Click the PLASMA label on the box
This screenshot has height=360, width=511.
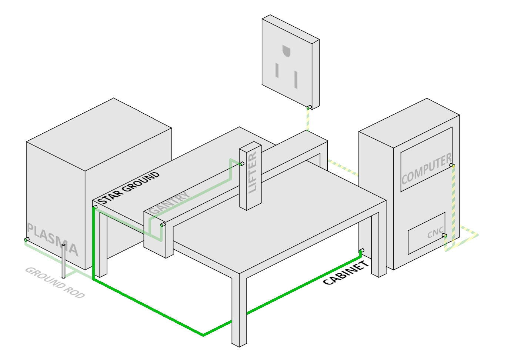coord(53,240)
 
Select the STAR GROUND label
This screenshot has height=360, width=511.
coord(128,188)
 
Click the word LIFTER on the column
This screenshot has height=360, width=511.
coord(253,172)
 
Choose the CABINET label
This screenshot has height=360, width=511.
coord(346,273)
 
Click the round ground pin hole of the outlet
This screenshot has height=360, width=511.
coord(286,51)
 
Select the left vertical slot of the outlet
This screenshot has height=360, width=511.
coord(277,70)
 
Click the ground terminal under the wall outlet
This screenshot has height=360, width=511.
coord(308,107)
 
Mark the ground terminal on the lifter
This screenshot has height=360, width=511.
coord(242,164)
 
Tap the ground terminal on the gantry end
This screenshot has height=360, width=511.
coord(162,224)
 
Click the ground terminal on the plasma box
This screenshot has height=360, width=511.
coord(26,240)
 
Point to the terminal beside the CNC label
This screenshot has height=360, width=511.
coord(444,236)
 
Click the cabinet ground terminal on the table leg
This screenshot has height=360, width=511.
coord(361,251)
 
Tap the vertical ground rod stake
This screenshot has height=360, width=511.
coord(63,261)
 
